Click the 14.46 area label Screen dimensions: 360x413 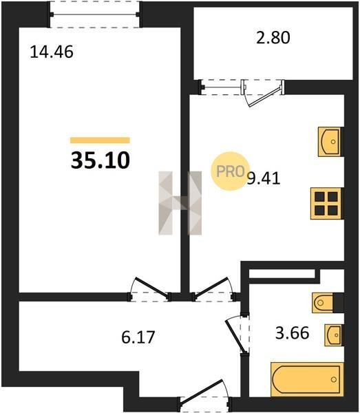(52, 52)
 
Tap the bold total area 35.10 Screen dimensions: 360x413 (100, 160)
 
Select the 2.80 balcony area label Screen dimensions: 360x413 (273, 37)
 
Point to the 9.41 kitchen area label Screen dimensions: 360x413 (264, 179)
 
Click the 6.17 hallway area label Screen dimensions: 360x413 (138, 337)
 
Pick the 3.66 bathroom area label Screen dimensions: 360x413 (292, 332)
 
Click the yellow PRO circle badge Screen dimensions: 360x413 (230, 171)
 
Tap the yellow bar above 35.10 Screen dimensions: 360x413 (100, 140)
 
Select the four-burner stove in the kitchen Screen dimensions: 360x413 (326, 203)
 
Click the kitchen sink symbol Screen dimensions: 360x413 (330, 142)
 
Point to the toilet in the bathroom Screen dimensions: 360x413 (323, 303)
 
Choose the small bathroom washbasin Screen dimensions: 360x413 (333, 335)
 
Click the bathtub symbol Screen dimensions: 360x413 (307, 379)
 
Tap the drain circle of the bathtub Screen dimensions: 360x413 (334, 379)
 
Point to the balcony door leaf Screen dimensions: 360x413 (265, 96)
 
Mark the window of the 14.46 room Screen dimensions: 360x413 (95, 14)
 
